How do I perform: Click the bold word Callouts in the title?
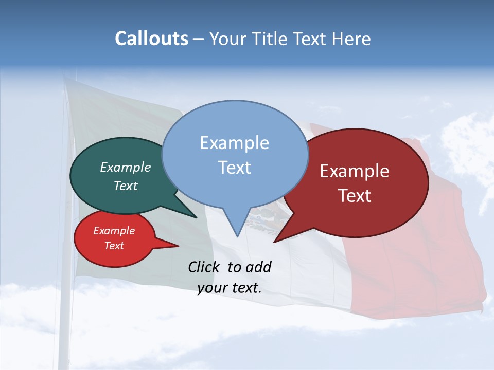(x=151, y=39)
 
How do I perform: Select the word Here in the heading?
(x=351, y=39)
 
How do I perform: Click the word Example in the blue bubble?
(x=234, y=143)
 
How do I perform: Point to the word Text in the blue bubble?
(x=234, y=168)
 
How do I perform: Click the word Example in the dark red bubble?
(x=355, y=171)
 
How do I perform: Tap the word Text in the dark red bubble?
(x=355, y=196)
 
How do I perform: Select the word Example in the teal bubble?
(x=126, y=168)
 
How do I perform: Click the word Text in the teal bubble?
(x=126, y=186)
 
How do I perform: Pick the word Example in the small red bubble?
(x=114, y=231)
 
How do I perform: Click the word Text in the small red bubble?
(x=114, y=246)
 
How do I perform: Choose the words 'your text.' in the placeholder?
(x=230, y=288)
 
